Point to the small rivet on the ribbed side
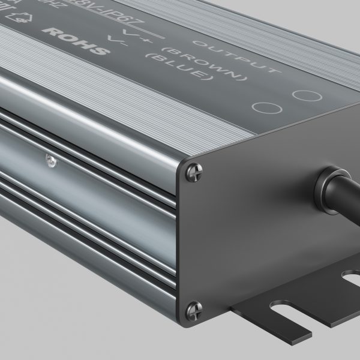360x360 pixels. tap(49, 159)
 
